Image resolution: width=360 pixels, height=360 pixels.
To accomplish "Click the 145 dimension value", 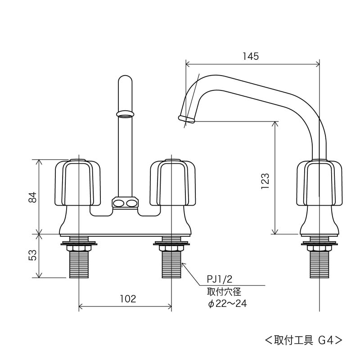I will coord(251,56).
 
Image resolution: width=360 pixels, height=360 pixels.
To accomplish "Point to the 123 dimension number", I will coord(265,181).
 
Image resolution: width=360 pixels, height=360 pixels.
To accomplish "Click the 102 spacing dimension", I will coord(128,298).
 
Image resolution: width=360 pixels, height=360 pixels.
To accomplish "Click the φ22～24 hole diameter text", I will coord(227,304).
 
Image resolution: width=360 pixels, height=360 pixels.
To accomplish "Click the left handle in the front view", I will coord(78,182).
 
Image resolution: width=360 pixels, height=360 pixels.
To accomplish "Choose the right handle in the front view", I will coord(171,182).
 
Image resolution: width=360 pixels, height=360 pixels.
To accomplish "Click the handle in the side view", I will coord(319,182).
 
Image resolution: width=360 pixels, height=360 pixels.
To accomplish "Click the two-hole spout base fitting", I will coord(125,203).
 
